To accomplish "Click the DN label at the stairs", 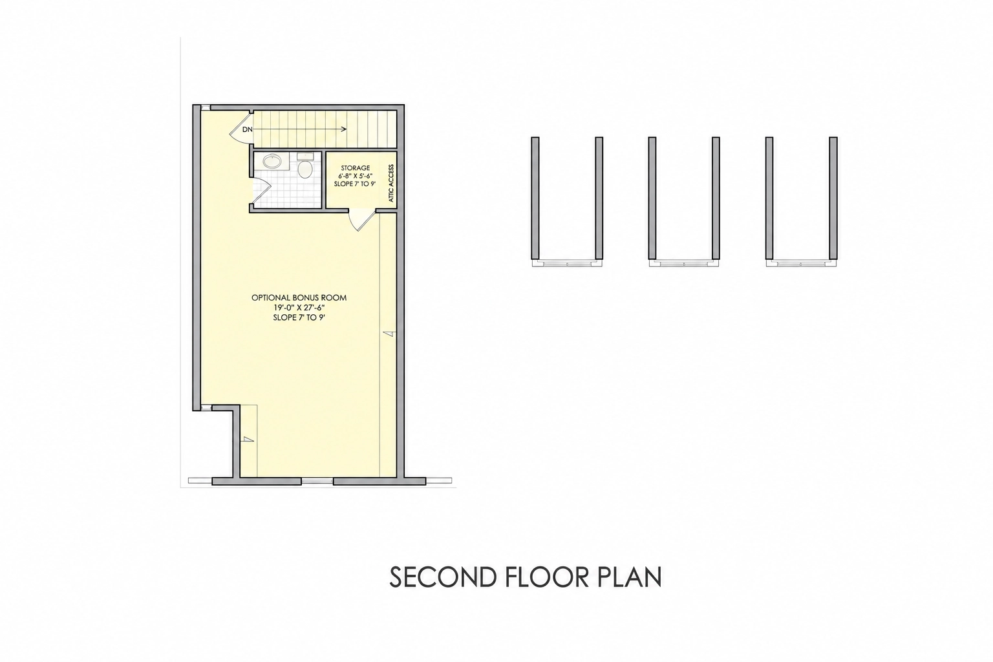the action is click(x=248, y=129).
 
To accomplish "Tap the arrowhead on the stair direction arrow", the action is click(x=343, y=129).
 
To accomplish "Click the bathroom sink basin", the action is click(x=272, y=161).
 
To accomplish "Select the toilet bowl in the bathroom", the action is click(x=304, y=169).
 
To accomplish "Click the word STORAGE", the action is click(x=355, y=168).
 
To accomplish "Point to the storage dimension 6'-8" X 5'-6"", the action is click(x=355, y=176).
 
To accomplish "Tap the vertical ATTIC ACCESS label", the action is click(x=391, y=183).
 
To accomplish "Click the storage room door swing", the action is click(x=362, y=220).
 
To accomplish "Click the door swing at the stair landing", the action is click(x=240, y=129).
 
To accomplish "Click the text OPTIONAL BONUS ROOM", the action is click(x=299, y=298).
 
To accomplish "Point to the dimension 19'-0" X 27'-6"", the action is click(x=299, y=308).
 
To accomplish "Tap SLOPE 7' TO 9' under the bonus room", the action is click(x=299, y=317).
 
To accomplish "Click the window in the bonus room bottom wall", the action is click(x=317, y=480).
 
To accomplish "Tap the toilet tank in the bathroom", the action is click(x=305, y=156).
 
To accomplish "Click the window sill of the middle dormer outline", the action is click(x=684, y=263).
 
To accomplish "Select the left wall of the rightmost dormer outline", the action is click(x=769, y=198).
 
